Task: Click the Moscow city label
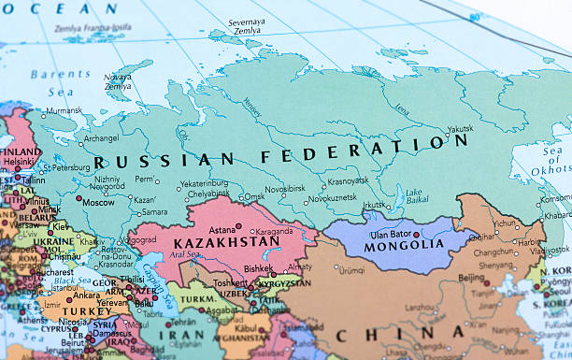[x=98, y=201]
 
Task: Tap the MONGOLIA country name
[x=404, y=244]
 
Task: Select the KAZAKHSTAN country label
[x=226, y=242]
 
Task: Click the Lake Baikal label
[x=414, y=196]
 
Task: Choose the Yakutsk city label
[x=460, y=129]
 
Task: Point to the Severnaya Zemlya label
[x=246, y=25]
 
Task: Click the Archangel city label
[x=101, y=138]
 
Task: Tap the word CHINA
[x=401, y=334]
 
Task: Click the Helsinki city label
[x=18, y=161]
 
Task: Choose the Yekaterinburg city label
[x=204, y=183]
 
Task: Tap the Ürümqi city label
[x=351, y=270]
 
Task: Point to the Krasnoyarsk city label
[x=348, y=180]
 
